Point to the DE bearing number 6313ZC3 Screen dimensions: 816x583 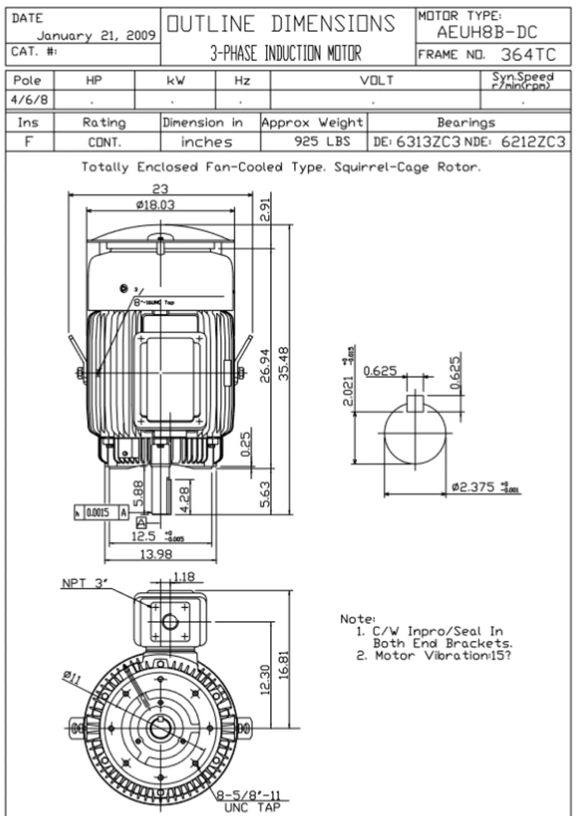428,142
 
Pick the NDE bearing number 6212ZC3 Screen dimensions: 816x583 532,142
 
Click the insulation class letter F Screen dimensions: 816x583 29,142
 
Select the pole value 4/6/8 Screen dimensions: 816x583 29,100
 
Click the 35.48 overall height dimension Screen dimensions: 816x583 285,363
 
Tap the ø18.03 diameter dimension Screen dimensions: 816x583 155,205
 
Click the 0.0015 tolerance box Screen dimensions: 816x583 101,511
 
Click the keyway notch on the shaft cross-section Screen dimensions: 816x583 415,404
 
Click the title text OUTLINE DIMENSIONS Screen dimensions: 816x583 281,24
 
